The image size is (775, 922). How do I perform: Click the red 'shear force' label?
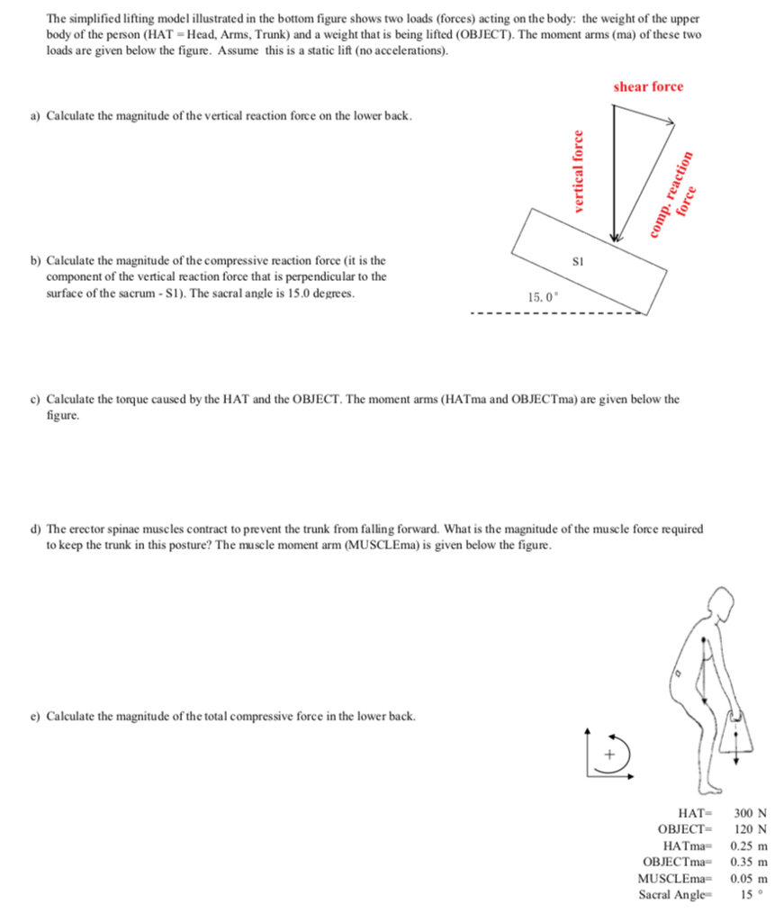[648, 86]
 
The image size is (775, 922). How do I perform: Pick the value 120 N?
[750, 829]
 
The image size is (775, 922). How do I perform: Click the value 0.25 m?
[749, 845]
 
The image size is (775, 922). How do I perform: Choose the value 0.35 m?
[749, 862]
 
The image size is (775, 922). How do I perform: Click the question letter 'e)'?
[36, 716]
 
